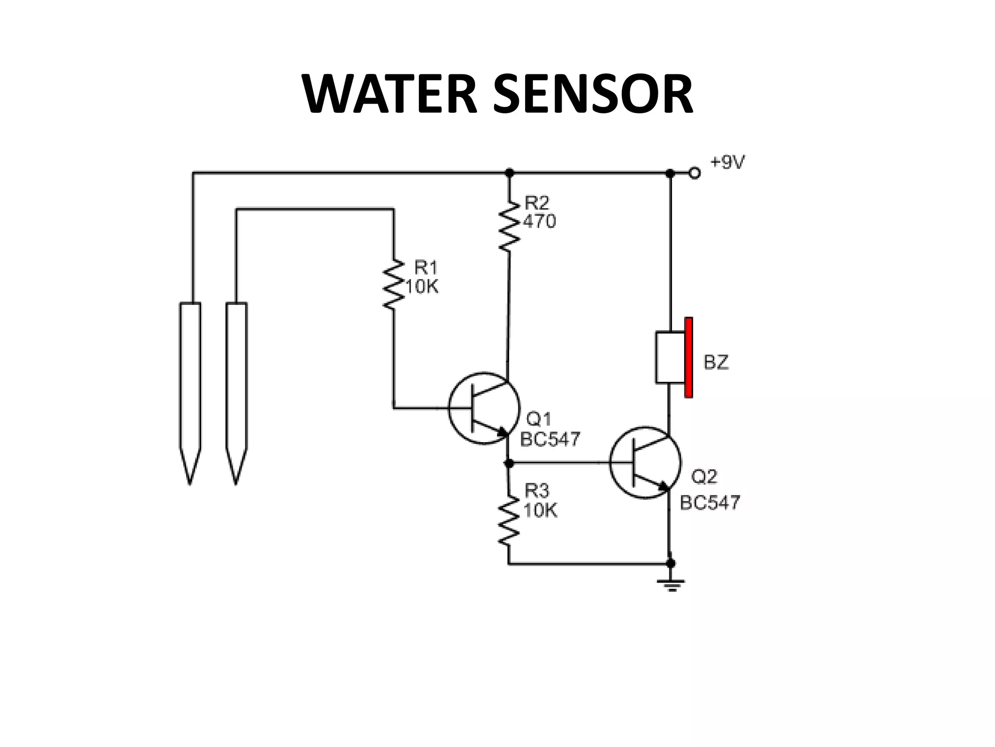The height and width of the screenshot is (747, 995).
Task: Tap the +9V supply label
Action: point(727,163)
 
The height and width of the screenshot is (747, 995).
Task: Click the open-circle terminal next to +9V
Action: point(695,173)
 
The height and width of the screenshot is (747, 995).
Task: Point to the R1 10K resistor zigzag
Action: point(394,284)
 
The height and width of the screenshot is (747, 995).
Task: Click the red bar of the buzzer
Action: point(688,357)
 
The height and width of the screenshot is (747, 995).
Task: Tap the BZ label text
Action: point(716,363)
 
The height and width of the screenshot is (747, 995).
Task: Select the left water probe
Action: point(190,384)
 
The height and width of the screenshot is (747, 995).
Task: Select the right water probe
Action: point(236,384)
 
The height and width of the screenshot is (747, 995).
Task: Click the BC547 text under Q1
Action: point(550,440)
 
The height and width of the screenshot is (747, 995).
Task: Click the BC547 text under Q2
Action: point(710,502)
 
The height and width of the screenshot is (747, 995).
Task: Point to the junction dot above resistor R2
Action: point(509,173)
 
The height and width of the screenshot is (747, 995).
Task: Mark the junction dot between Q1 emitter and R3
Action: point(509,463)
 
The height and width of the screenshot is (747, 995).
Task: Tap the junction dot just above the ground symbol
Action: point(671,564)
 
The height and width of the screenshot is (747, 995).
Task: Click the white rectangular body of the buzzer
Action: point(670,357)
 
